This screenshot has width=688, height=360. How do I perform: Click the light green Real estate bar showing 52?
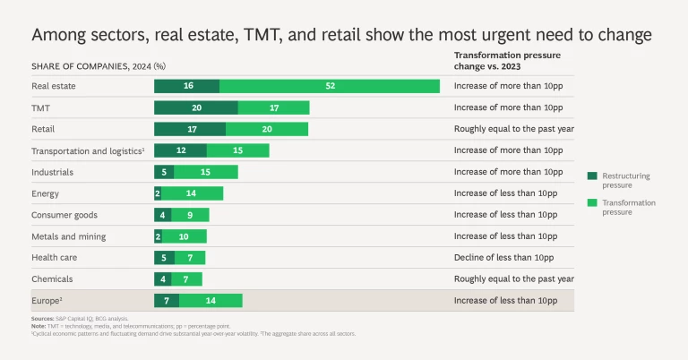[330, 86]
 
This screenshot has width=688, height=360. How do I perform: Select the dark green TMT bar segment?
[195, 107]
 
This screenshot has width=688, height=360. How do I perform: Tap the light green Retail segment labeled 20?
[266, 129]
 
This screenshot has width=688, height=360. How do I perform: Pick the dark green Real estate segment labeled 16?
[186, 86]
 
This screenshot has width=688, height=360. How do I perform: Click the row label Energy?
[46, 193]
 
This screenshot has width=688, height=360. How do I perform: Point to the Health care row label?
[55, 258]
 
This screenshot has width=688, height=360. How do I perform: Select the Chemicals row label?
[51, 279]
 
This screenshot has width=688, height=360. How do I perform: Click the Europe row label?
[47, 301]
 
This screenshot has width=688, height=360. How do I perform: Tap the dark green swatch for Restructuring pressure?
[592, 176]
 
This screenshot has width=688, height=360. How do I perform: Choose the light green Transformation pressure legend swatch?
[592, 203]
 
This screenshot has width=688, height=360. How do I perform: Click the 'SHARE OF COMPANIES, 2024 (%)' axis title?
[99, 65]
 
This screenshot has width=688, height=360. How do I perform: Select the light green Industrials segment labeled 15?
[206, 172]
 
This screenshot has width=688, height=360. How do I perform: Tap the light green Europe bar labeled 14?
[211, 301]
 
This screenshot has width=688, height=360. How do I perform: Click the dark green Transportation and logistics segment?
[180, 150]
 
